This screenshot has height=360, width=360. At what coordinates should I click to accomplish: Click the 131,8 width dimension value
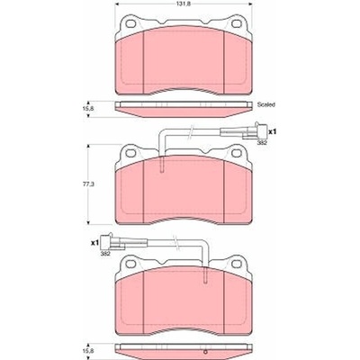[184, 4]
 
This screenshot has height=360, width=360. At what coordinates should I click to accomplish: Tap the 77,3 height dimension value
[89, 184]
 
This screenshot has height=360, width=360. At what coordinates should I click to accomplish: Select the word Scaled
[266, 104]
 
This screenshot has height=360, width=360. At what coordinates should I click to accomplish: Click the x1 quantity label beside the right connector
[272, 131]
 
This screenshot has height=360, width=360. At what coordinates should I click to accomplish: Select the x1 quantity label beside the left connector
[94, 243]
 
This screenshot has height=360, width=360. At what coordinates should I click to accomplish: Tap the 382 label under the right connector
[262, 143]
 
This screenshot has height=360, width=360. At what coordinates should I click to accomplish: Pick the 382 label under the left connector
[104, 254]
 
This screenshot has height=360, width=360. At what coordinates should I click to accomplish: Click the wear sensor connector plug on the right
[255, 130]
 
